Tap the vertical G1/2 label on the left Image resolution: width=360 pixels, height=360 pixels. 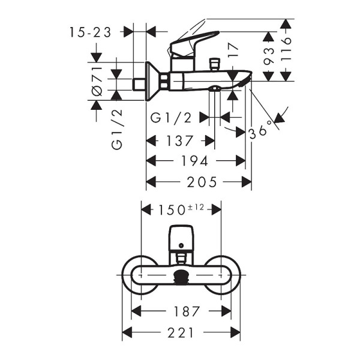click(x=117, y=130)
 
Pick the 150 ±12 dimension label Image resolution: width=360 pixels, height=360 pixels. click(x=181, y=209)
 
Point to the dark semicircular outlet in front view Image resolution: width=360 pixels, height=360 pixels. click(x=181, y=278)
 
